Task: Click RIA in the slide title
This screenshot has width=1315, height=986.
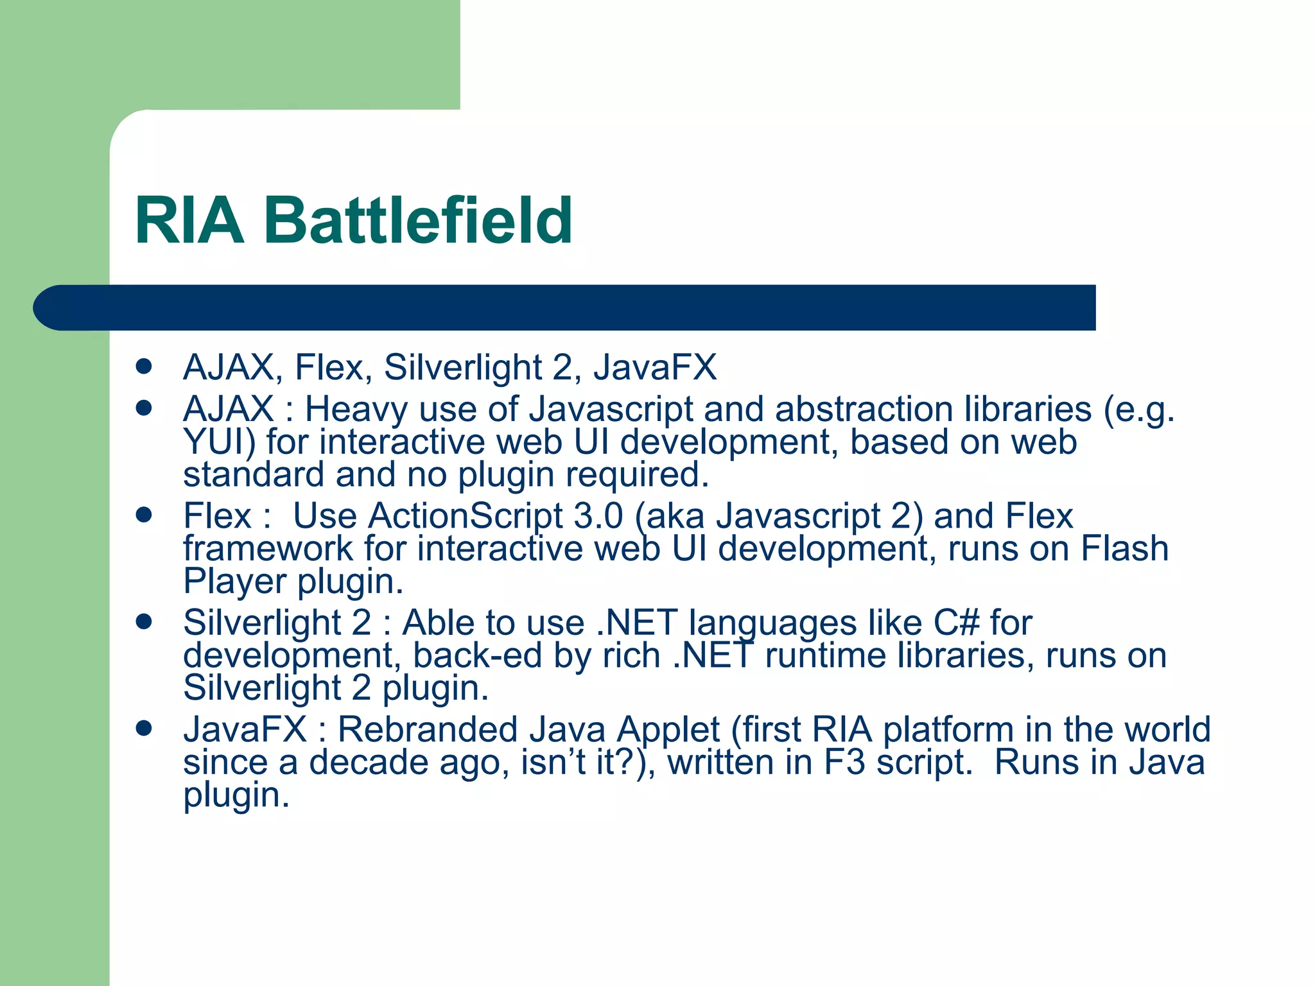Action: (x=189, y=221)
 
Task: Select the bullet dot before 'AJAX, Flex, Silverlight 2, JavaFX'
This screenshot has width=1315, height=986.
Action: (x=144, y=367)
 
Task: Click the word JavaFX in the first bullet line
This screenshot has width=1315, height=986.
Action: (x=654, y=367)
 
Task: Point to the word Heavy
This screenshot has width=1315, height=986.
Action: (x=356, y=410)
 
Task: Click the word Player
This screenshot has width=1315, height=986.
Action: (x=234, y=582)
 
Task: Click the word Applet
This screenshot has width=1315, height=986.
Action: (x=668, y=730)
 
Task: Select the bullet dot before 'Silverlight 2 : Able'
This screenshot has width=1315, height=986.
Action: (x=144, y=621)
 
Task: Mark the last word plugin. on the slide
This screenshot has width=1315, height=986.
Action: (x=236, y=796)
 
